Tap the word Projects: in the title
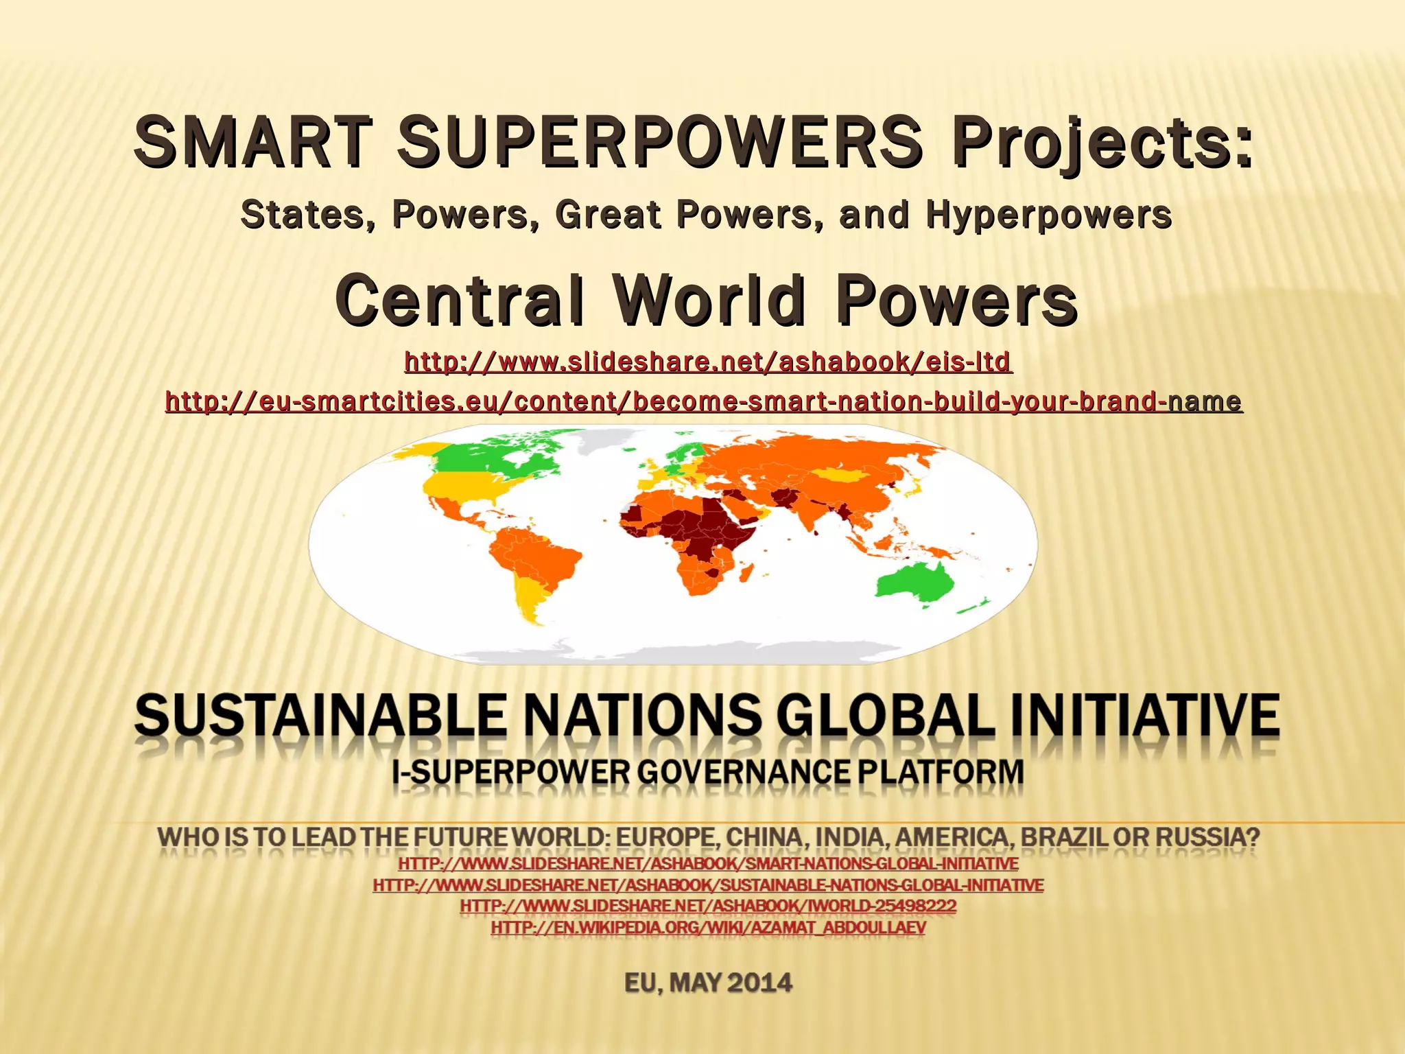1102,142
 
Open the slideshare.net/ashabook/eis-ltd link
707,361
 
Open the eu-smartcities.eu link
703,401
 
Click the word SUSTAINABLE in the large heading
320,716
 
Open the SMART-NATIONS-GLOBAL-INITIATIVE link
707,863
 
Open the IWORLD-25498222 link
707,906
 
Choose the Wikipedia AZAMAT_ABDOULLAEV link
707,928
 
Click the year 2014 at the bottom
759,983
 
